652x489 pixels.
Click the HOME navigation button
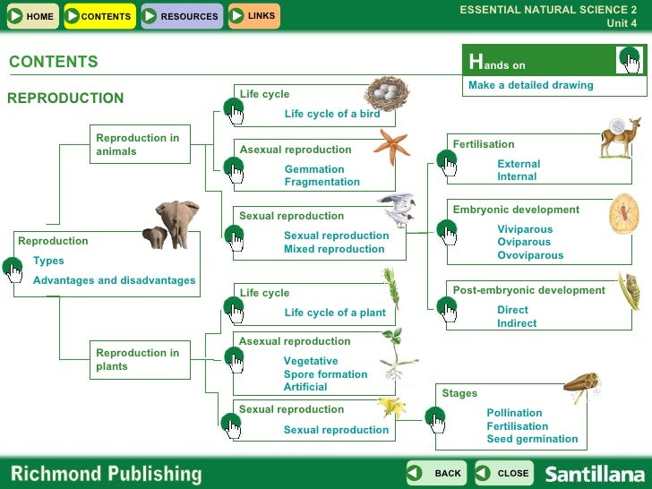pos(31,16)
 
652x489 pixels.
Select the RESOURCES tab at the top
pos(181,16)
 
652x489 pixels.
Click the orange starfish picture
pos(391,145)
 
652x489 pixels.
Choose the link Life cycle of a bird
pos(332,114)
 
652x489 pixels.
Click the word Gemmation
pos(314,169)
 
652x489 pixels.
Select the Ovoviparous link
pos(530,255)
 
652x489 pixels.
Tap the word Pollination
pos(514,414)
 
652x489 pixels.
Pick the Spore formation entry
pos(325,374)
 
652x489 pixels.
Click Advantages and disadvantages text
pos(114,280)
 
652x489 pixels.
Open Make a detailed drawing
pos(530,85)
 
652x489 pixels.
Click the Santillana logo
pos(594,474)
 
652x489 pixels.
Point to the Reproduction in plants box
pos(140,359)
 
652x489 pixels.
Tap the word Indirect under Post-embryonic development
pos(517,323)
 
